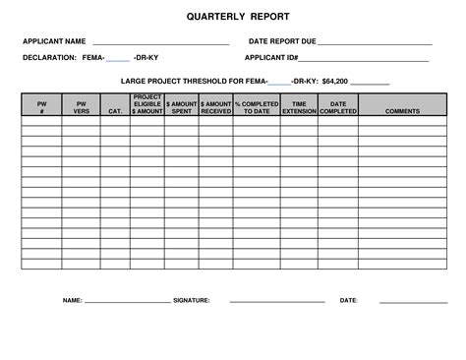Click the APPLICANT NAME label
[x=55, y=43]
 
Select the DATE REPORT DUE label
[x=282, y=43]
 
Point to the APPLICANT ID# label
[x=270, y=58]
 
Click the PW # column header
[x=41, y=106]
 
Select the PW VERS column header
[x=81, y=106]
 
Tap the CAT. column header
[x=115, y=111]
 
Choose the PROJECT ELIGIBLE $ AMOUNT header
[x=147, y=104]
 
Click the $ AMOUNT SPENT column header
[x=182, y=106]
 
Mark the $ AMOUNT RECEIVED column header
[x=215, y=106]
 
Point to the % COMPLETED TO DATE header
[x=257, y=106]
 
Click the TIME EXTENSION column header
[x=299, y=106]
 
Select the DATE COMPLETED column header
[x=338, y=106]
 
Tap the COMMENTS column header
[x=402, y=111]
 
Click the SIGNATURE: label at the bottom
[x=191, y=300]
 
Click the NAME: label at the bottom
[x=72, y=300]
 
